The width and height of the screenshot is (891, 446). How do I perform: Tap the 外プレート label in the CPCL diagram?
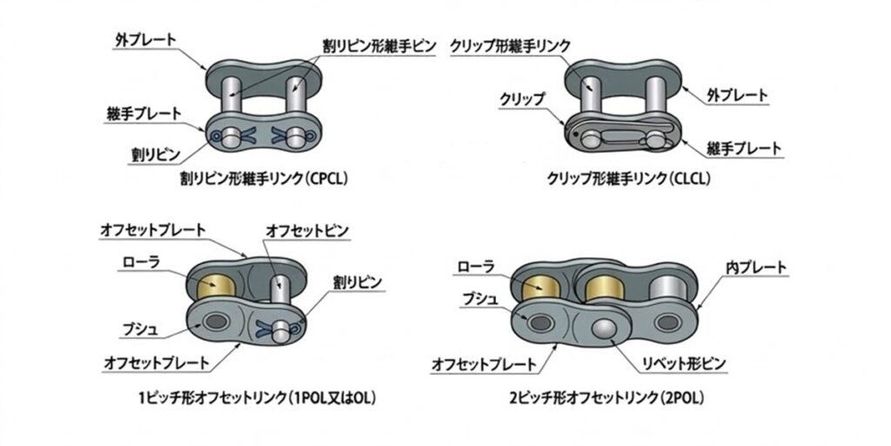(145, 40)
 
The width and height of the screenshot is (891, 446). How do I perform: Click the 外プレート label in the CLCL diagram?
(737, 92)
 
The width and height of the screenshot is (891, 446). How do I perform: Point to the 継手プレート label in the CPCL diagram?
(143, 113)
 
